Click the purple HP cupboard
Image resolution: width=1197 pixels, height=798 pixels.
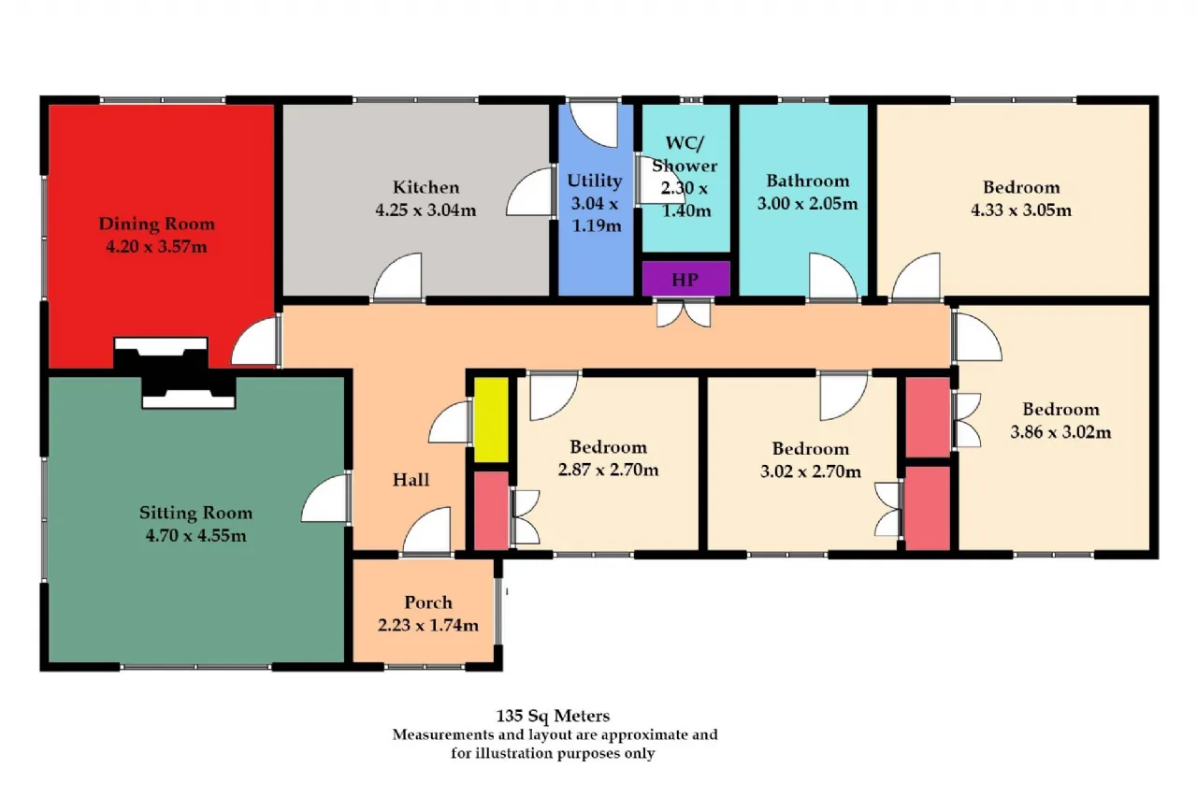[x=685, y=279]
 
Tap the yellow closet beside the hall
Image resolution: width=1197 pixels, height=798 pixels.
[x=491, y=419]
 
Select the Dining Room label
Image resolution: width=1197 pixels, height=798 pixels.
[x=156, y=224]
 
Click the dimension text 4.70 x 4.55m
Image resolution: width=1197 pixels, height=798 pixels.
[x=196, y=535]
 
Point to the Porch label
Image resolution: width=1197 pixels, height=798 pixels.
[x=428, y=602]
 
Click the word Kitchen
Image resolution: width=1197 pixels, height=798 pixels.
[x=425, y=187]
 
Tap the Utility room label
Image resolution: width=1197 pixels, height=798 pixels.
[x=594, y=181]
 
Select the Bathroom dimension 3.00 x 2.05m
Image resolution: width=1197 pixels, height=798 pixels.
[x=807, y=204]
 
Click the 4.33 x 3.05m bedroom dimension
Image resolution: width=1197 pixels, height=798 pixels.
[x=1021, y=210]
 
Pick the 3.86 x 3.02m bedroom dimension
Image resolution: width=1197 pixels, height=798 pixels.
[x=1060, y=432]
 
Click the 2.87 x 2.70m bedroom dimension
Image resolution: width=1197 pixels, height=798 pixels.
[x=608, y=470]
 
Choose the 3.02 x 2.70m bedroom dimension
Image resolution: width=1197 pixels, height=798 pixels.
[x=811, y=472]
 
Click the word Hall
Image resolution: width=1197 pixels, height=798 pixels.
[x=411, y=480]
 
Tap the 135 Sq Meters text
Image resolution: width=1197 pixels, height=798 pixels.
[x=553, y=715]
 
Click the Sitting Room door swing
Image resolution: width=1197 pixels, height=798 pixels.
[x=324, y=498]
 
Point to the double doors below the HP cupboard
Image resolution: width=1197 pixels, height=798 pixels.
[x=684, y=313]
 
